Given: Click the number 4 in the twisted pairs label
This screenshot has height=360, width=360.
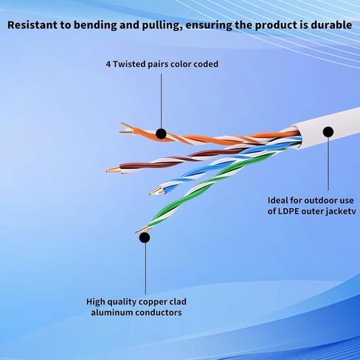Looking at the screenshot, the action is (x=108, y=64).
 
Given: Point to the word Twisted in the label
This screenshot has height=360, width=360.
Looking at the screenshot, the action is (x=129, y=64).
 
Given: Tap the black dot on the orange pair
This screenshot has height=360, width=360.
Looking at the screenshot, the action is (x=161, y=134).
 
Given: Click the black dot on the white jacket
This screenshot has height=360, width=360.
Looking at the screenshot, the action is (x=328, y=132).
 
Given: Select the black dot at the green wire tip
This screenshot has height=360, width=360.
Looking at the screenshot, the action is (x=145, y=238).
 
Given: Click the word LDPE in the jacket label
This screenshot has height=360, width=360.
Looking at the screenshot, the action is (x=289, y=211).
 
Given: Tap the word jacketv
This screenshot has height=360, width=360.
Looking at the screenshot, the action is (x=341, y=212).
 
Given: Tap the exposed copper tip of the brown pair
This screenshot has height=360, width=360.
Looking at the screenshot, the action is (x=114, y=170).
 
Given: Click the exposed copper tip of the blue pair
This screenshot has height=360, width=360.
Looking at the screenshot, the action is (x=156, y=192).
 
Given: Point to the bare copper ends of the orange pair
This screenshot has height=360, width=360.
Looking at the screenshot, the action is (x=126, y=130).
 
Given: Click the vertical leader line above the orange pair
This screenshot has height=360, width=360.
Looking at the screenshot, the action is (x=161, y=101).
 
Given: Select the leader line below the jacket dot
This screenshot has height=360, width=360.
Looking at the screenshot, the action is (x=328, y=164).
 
